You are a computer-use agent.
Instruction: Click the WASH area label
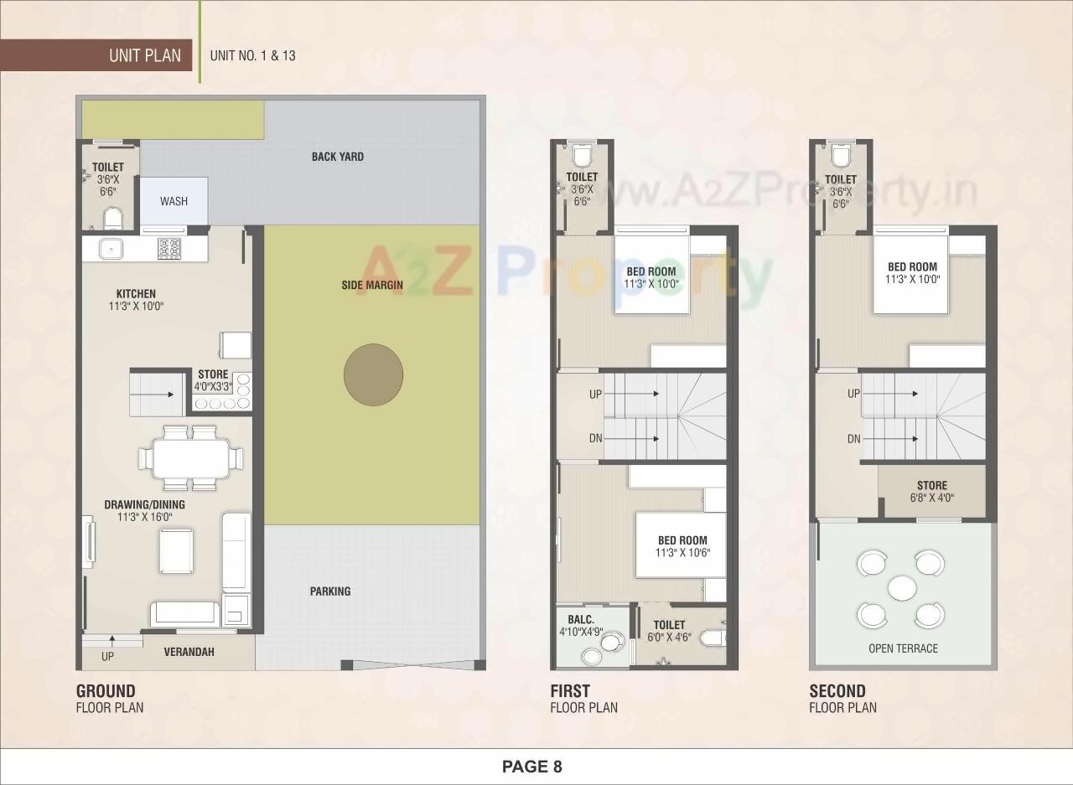coord(174,201)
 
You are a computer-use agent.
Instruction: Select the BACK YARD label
coord(337,157)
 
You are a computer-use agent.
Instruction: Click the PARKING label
coord(330,591)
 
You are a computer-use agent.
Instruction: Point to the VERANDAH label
coord(189,652)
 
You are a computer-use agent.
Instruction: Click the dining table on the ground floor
coord(190,458)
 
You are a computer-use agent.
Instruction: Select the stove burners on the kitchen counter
coord(169,248)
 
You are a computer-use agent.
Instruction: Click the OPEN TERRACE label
coord(903,648)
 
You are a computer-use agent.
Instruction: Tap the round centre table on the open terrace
coord(902,587)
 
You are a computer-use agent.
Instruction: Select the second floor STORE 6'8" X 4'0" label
coord(931,491)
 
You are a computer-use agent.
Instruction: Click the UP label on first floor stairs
coord(594,394)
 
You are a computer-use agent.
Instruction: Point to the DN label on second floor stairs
coord(853,439)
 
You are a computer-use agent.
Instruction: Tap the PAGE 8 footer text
coord(531,766)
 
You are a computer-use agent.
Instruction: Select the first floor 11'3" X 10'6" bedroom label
coord(682,546)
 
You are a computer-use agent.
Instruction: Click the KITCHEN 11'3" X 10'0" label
coord(136,300)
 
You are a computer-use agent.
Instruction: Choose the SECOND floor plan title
coord(837,691)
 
